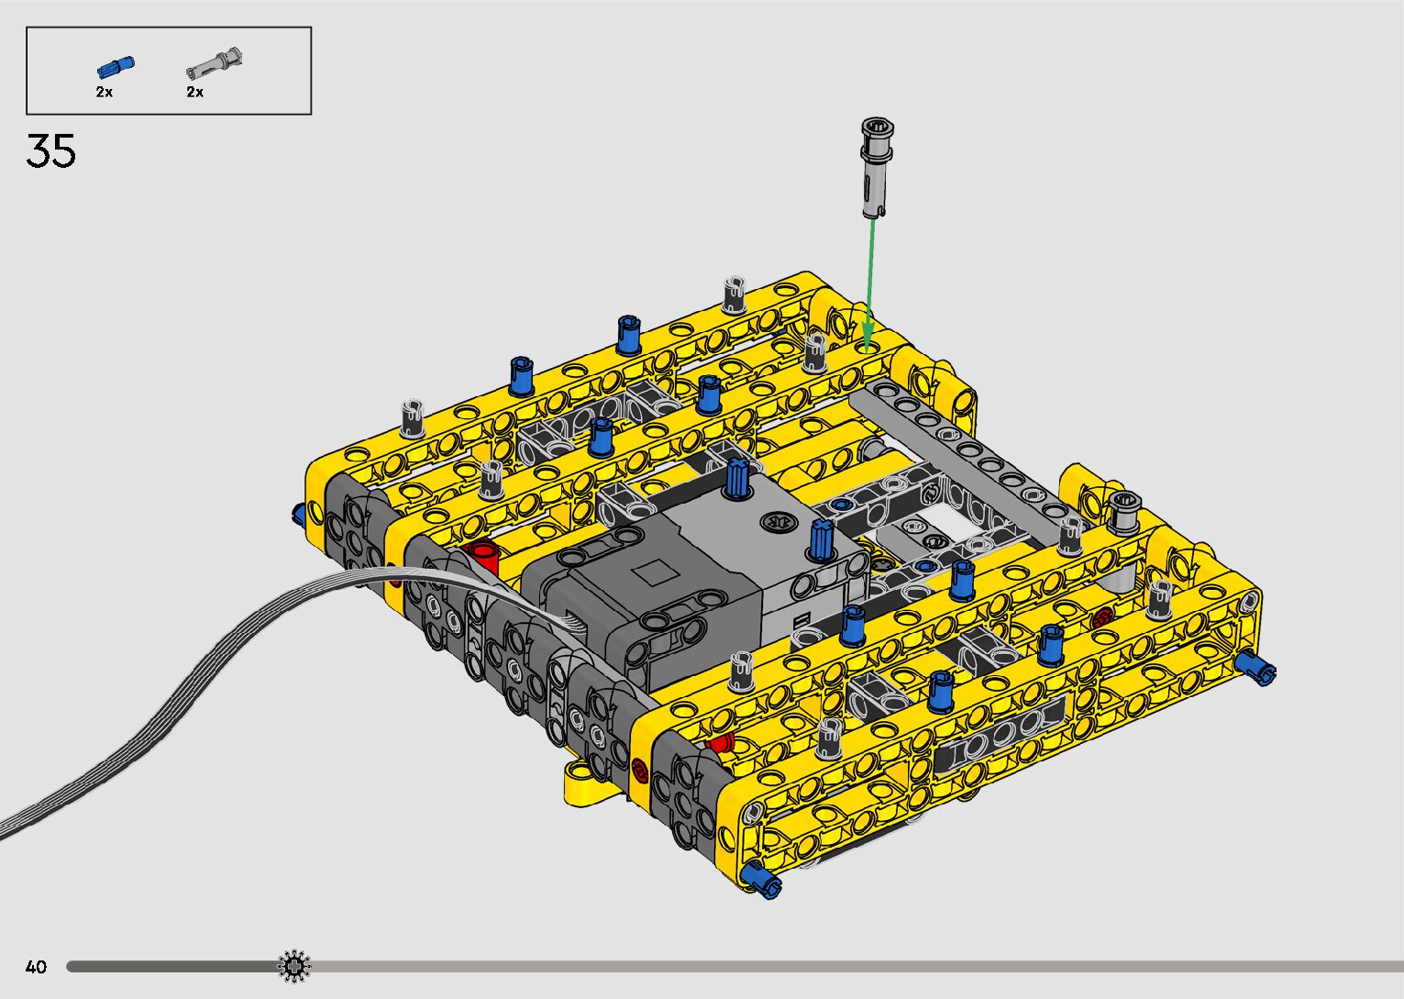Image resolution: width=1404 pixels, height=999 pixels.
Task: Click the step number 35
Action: point(50,151)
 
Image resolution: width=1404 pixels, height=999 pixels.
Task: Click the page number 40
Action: point(36,966)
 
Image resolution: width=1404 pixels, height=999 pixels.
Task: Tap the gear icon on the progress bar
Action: point(294,966)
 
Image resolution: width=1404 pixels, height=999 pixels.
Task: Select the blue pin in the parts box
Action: point(116,67)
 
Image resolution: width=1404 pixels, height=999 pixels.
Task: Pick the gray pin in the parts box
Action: point(215,63)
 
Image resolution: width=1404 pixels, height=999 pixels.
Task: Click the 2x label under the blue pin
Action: point(104,92)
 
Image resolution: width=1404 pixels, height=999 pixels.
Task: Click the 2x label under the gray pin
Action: point(195,92)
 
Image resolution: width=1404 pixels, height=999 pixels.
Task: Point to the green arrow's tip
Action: point(867,351)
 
